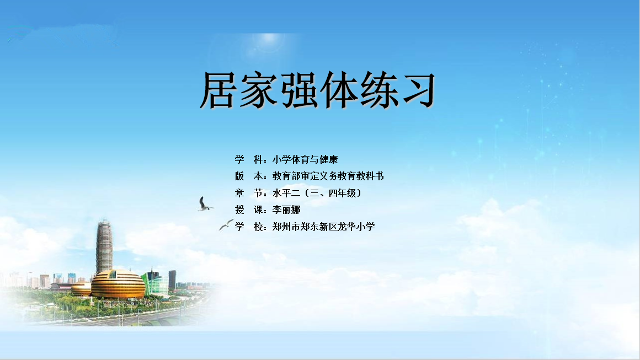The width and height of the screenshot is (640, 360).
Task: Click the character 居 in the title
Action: click(219, 90)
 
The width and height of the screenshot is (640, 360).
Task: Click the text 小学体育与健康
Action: click(305, 159)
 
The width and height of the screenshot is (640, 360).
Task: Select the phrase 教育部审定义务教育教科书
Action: click(328, 176)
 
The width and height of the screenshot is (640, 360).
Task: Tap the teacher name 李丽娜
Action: click(286, 210)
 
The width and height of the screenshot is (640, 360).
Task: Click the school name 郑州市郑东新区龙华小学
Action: click(323, 227)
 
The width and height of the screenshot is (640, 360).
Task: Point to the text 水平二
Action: click(286, 194)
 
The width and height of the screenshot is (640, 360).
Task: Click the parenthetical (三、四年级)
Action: click(332, 194)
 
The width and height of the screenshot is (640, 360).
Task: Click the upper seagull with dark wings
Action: click(205, 205)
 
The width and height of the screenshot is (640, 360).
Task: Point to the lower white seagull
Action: click(226, 224)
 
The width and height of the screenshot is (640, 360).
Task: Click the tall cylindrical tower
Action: click(104, 246)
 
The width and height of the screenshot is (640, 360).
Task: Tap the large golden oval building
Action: click(118, 283)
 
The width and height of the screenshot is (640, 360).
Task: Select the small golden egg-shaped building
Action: click(81, 289)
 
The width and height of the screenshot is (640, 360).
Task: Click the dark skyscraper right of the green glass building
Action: click(172, 280)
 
